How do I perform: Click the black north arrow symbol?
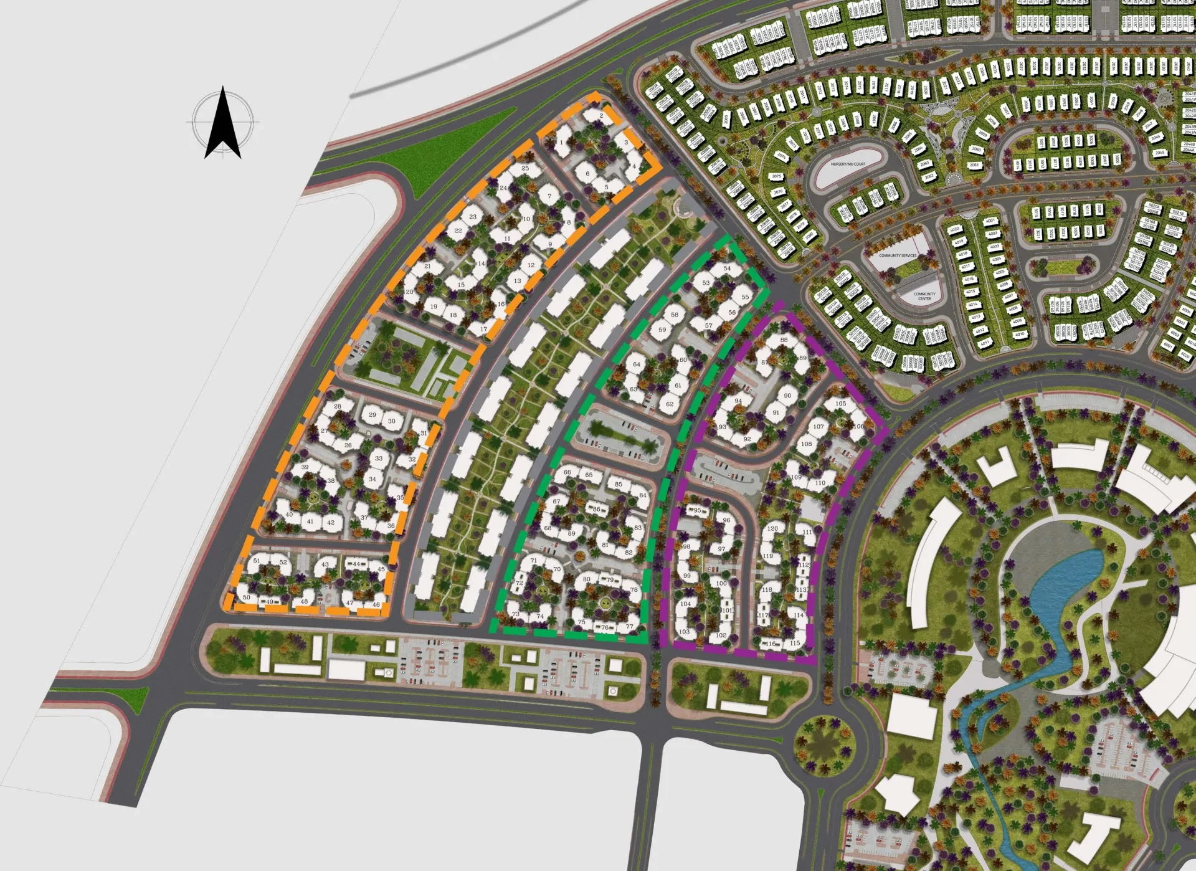tap(223, 123)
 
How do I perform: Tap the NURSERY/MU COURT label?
tap(848, 164)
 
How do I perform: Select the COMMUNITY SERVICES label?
tap(898, 255)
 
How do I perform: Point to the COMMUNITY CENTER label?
tap(924, 297)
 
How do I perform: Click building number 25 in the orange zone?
tap(525, 168)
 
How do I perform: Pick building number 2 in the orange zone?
tap(601, 116)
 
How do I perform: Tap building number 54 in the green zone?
tap(727, 269)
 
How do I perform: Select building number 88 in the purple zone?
tap(784, 340)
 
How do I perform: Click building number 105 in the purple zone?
tap(840, 404)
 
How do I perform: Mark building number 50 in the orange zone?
tap(247, 597)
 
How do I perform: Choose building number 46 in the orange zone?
tap(376, 604)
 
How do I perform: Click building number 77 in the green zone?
tap(629, 627)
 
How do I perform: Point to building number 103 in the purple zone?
tap(685, 632)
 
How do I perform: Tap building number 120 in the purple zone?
tap(772, 528)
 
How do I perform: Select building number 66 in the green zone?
tap(567, 472)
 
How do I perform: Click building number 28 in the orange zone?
tap(338, 407)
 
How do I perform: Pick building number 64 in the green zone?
tap(637, 364)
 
